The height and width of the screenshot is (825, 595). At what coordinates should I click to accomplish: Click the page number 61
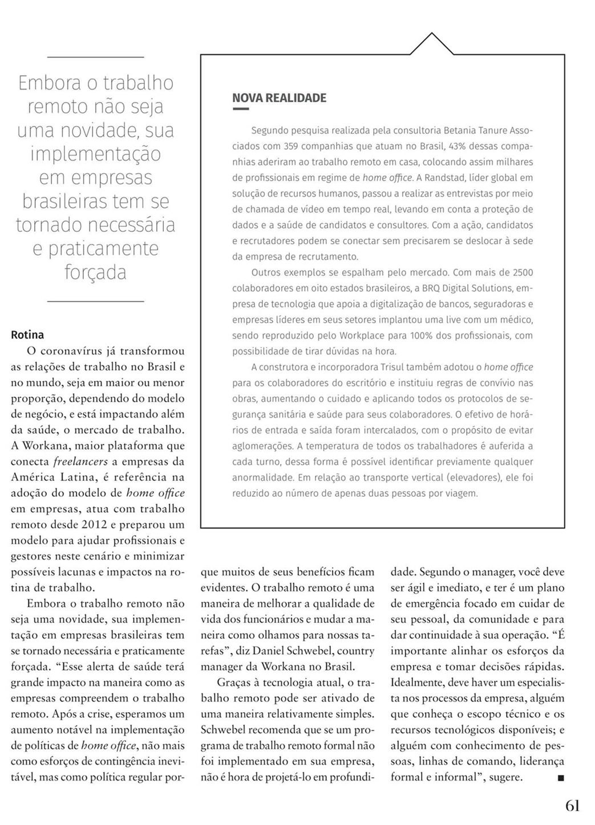(572, 806)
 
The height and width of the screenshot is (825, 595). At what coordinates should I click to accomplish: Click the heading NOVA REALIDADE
(279, 98)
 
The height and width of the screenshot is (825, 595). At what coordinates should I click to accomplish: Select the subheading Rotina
(27, 335)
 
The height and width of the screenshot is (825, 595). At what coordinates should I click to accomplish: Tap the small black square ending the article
(561, 778)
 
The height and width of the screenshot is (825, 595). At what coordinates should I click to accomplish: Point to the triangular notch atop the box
(431, 43)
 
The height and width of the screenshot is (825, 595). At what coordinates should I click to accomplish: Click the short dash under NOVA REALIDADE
(240, 109)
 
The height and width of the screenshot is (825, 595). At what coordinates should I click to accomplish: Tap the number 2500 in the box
(523, 273)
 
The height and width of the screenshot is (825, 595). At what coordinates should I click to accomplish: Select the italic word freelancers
(77, 461)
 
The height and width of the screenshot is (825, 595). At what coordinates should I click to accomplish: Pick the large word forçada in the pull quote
(95, 272)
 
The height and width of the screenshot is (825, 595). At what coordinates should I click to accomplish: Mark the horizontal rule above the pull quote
(95, 57)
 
